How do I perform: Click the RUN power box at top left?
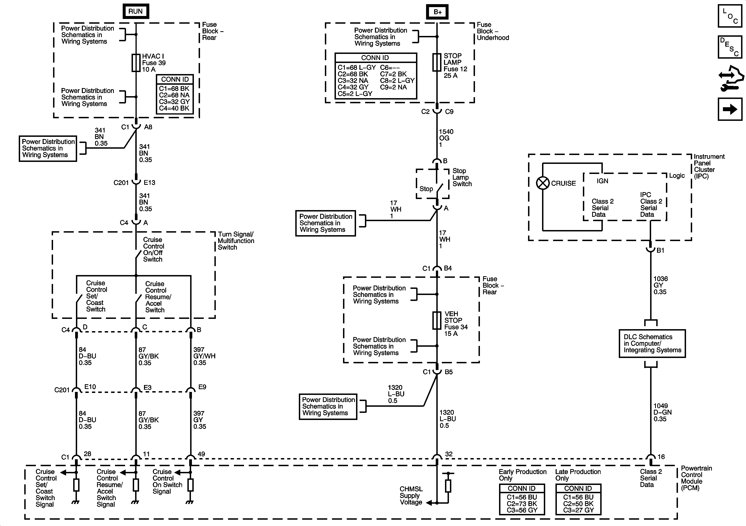136,11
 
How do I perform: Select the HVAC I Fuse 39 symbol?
136,63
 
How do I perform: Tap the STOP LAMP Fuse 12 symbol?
437,62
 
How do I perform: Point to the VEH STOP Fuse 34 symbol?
437,320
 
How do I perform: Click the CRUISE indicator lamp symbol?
543,183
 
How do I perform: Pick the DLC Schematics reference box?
652,344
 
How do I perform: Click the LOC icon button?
730,16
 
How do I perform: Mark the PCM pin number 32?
449,454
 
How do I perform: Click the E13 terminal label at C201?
150,182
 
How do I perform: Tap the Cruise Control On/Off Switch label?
153,250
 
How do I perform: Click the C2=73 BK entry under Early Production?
522,503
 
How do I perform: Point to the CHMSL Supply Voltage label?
411,495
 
